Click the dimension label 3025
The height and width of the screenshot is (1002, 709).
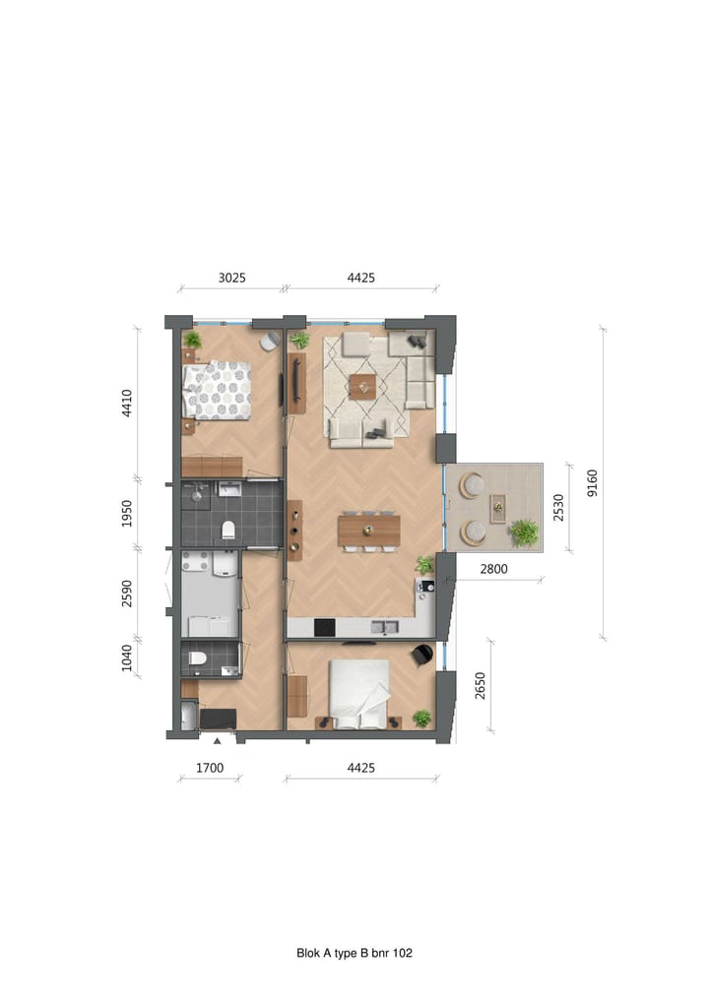[231, 279]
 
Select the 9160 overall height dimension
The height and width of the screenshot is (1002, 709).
[592, 482]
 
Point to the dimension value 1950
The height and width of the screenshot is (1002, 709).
[127, 513]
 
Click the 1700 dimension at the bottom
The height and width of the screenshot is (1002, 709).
[209, 768]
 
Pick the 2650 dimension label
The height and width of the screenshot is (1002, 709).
[480, 686]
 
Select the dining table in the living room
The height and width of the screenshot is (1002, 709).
[369, 531]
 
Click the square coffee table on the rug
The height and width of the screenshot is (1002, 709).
[362, 386]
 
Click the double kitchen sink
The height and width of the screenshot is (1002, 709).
[384, 627]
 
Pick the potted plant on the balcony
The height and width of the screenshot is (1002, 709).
[524, 532]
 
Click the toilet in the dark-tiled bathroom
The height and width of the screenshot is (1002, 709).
[228, 531]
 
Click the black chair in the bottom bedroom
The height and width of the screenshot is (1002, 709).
[422, 654]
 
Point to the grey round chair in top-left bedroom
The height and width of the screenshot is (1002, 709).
[269, 341]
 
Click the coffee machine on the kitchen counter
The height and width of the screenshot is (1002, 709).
[425, 588]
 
